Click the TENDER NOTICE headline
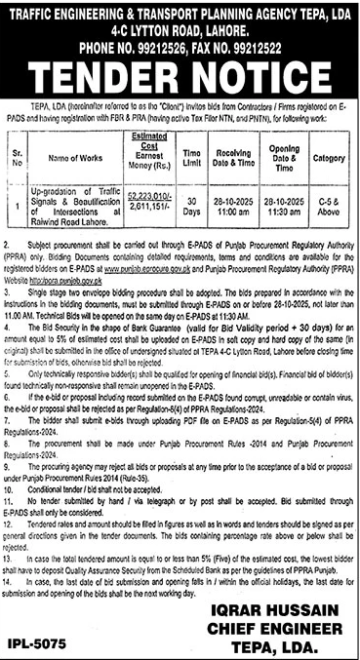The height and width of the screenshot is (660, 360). [180, 75]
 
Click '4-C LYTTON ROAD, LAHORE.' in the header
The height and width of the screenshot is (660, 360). [180, 28]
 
